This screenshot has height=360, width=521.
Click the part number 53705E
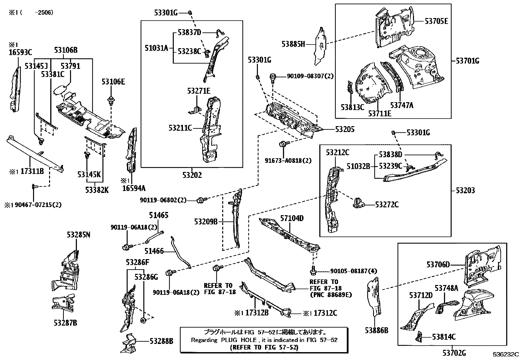coord(436,21)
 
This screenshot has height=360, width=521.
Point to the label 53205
coord(345,130)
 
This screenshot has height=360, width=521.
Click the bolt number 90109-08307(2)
coord(310,76)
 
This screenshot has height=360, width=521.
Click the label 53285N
coord(78,235)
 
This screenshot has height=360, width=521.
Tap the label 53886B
coord(377,331)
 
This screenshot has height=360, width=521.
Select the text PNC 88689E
coord(331,294)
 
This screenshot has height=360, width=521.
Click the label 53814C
coord(444,337)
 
